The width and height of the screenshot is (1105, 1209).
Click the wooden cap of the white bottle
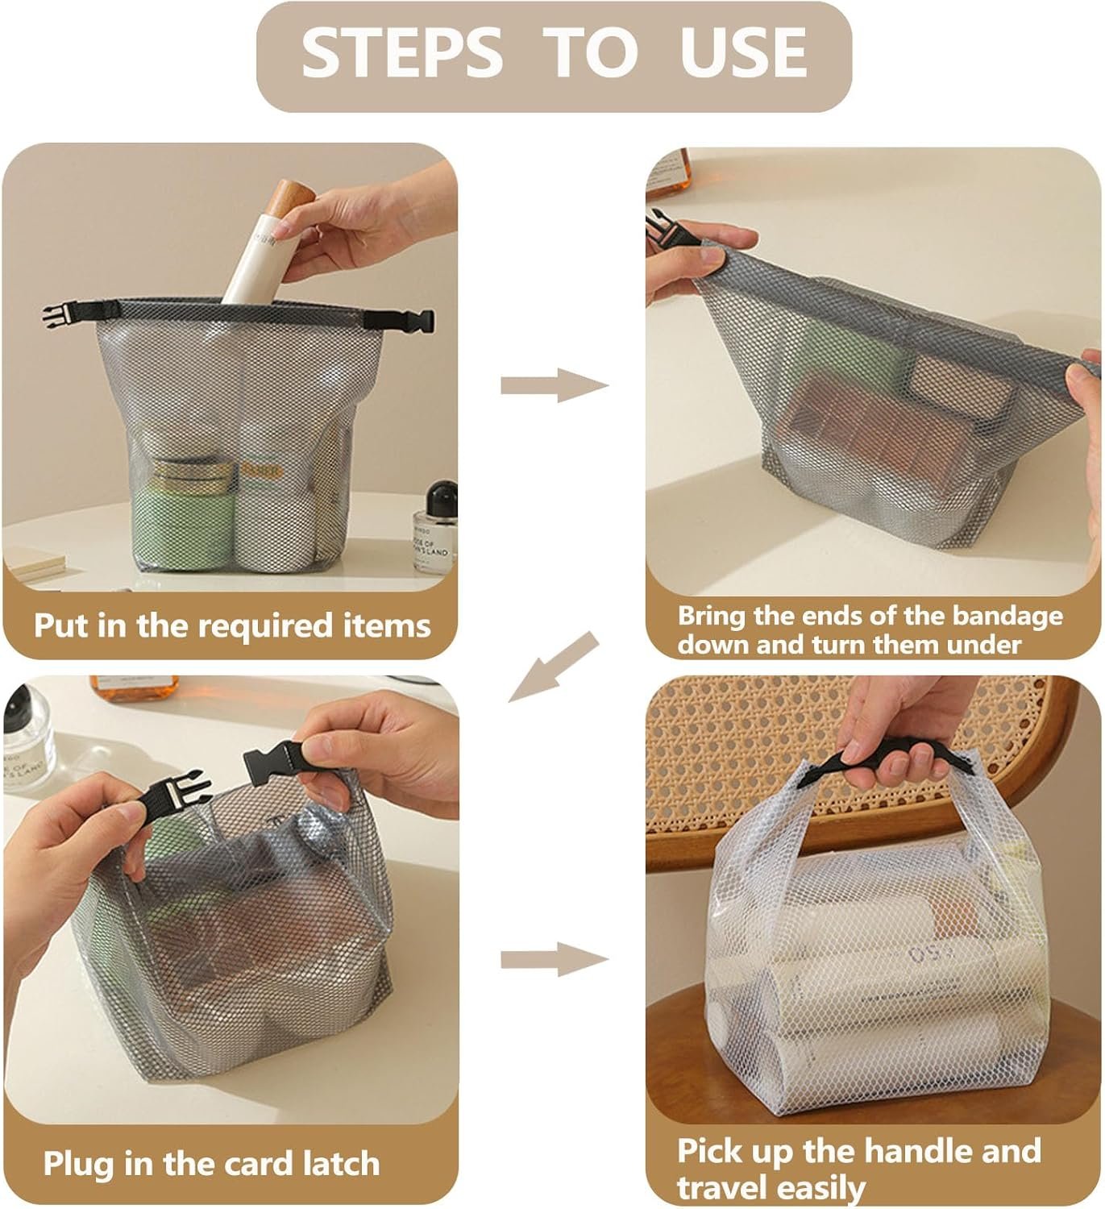tap(293, 201)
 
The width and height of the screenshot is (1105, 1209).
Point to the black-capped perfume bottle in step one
tap(434, 527)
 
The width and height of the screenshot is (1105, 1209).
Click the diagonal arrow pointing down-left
tap(554, 667)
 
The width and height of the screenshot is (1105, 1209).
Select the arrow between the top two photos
tap(554, 385)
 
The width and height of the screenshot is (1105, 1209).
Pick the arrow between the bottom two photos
tap(554, 959)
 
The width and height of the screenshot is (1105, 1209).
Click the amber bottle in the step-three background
tap(134, 688)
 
